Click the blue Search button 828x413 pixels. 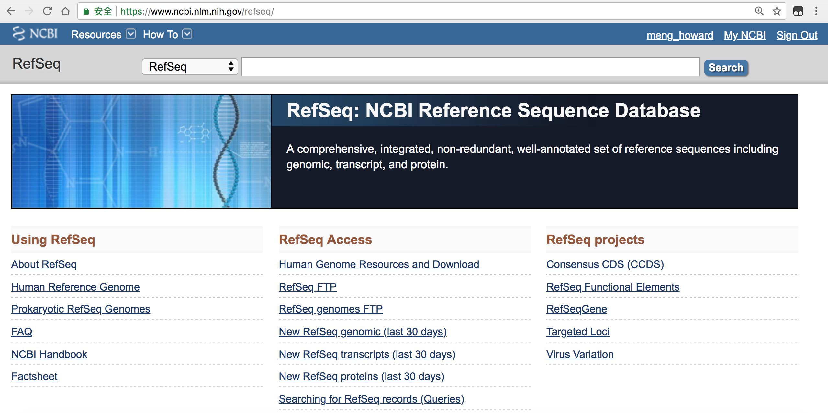point(726,68)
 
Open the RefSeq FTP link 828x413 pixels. point(308,287)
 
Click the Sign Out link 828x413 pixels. point(797,35)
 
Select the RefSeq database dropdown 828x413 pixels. point(190,67)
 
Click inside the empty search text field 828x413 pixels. point(470,67)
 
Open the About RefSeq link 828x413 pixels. point(44,264)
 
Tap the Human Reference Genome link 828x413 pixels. point(75,287)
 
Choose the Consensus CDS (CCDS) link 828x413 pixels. point(605,264)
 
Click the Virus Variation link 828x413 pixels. point(580,354)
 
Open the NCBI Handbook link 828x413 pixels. point(49,354)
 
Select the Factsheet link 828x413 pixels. point(34,376)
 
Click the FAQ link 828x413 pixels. point(22,332)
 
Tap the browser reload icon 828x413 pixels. point(47,11)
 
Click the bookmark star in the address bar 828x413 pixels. point(777,11)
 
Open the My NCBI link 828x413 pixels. point(744,35)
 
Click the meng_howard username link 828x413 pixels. point(680,35)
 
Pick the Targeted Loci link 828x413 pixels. point(578,332)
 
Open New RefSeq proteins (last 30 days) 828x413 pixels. point(362,376)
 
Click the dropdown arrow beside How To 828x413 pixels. point(187,34)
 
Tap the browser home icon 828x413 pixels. point(65,11)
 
